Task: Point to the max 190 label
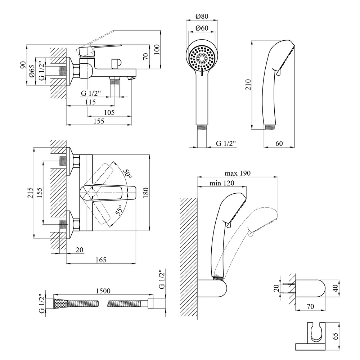238,173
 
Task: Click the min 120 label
222,183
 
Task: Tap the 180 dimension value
145,193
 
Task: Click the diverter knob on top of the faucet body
116,63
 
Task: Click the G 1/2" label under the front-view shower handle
226,143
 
